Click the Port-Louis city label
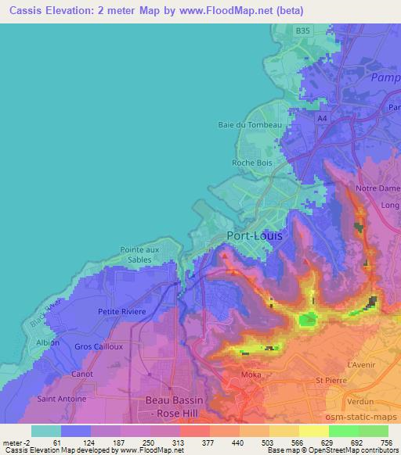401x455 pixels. (255, 235)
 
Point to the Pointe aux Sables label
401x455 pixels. (141, 253)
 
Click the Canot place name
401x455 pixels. (81, 373)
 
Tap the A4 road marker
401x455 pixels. (321, 118)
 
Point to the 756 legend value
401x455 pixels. (387, 441)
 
